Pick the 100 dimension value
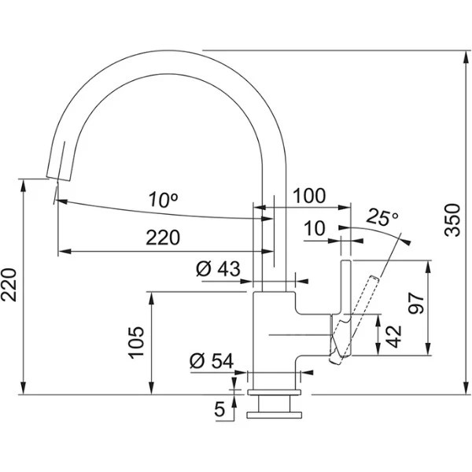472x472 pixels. click(x=309, y=195)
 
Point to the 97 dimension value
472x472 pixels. click(x=416, y=304)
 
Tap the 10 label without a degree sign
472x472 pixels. click(x=314, y=228)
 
